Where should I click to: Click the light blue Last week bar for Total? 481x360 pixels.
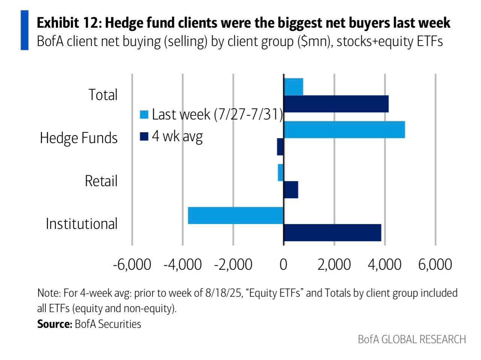(293, 87)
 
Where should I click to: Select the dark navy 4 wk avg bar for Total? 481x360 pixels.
(336, 104)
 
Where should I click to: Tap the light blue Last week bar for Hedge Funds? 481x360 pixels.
(345, 130)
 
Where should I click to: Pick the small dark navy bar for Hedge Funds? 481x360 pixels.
(280, 146)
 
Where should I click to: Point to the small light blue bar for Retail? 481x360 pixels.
(281, 172)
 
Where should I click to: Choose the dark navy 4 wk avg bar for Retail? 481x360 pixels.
(291, 190)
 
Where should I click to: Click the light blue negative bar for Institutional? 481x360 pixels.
(236, 215)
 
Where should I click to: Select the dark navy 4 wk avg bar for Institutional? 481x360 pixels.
(332, 233)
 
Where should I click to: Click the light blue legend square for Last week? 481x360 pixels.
(144, 115)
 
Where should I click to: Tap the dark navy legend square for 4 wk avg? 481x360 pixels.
(144, 136)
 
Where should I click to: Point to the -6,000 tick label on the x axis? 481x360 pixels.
(132, 264)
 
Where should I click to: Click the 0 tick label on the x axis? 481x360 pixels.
(283, 264)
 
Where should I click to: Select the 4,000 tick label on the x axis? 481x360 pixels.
(385, 264)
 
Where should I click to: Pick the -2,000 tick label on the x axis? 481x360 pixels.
(233, 264)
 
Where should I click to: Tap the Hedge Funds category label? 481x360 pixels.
(79, 138)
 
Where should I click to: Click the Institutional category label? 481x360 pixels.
(82, 224)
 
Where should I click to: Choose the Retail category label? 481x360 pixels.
(101, 181)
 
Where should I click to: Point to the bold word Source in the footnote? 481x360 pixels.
(55, 324)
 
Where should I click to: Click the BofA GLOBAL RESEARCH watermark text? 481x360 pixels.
(412, 339)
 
